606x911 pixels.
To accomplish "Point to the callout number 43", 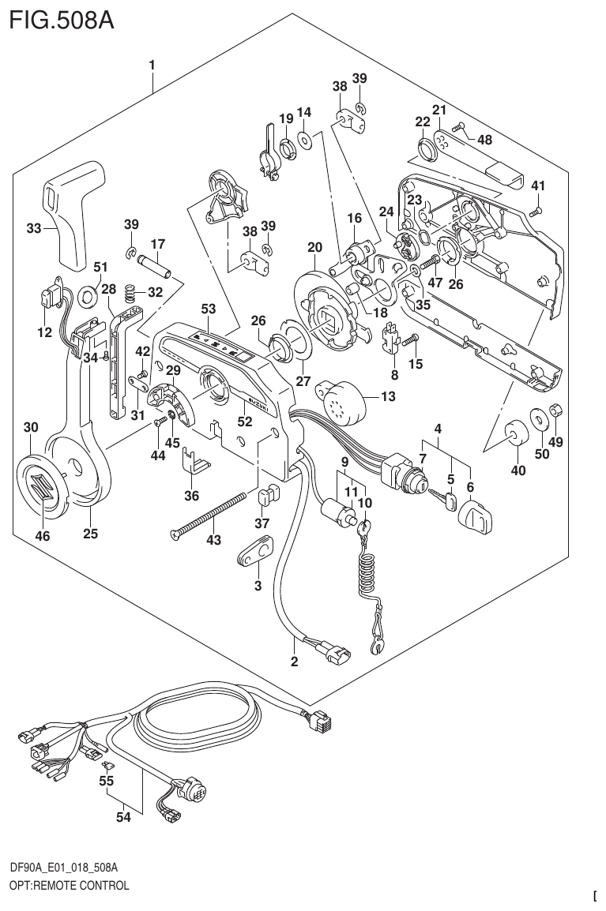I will coord(214,541).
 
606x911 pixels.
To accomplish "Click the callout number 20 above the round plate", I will coord(314,247).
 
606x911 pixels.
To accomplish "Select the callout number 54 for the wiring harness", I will coord(122,818).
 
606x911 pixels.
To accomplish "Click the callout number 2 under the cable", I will coord(294,662).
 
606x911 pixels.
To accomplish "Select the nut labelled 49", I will coord(556,411).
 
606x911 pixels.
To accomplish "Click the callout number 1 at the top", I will coord(152,65).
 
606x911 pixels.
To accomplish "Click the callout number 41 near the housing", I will coord(538,186).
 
